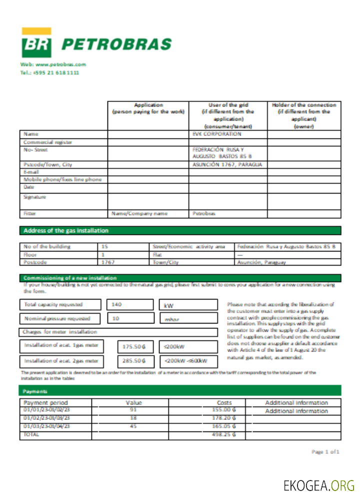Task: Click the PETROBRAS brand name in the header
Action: (x=116, y=45)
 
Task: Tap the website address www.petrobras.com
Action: (x=53, y=64)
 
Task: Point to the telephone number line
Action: (x=49, y=72)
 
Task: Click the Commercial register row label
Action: (x=48, y=142)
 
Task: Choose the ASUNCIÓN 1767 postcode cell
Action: (x=227, y=164)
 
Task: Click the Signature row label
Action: (x=35, y=197)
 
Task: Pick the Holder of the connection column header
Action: (x=304, y=115)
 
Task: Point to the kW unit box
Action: (x=188, y=305)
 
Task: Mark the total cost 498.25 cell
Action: (x=224, y=435)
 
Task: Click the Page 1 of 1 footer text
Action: (x=325, y=451)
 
